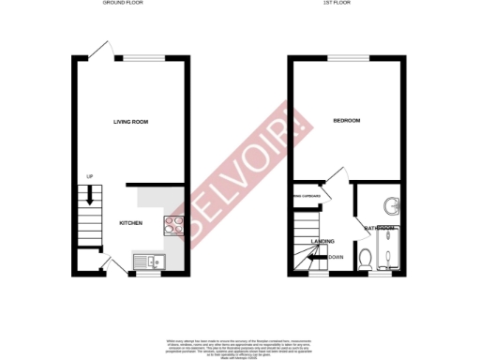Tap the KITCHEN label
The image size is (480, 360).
[130, 223]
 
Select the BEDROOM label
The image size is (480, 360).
[347, 122]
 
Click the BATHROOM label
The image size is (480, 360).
[377, 226]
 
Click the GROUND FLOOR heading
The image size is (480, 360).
[122, 4]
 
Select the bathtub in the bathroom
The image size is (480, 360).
[392, 250]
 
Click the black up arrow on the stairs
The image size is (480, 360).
[90, 196]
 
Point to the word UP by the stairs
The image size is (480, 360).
[90, 177]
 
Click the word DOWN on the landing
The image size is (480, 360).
[337, 257]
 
